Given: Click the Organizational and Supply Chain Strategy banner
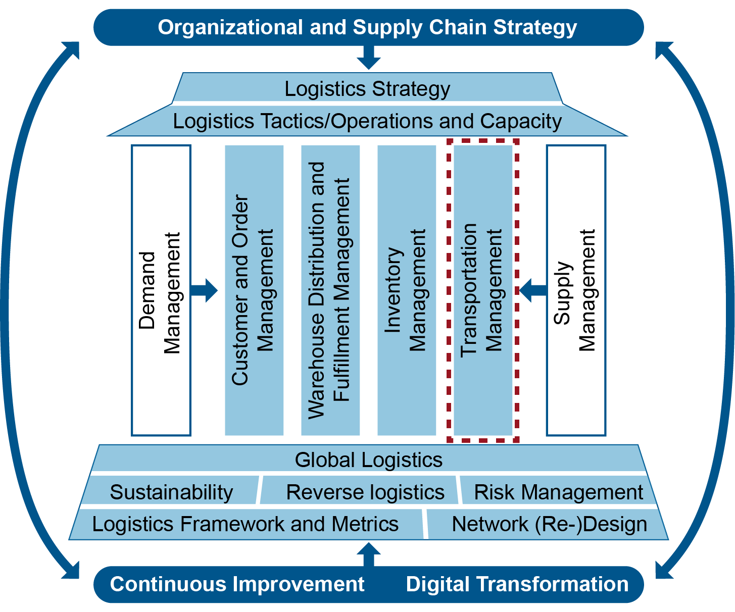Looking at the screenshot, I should point(368,27).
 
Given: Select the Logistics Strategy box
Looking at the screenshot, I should point(367,88).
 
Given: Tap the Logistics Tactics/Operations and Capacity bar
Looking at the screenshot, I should point(367,121).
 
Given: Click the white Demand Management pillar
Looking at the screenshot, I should point(161,290).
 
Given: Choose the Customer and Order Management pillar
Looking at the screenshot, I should point(254,290).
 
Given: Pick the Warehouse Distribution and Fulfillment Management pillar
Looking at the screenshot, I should point(330,290).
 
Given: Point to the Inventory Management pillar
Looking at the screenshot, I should point(407,290).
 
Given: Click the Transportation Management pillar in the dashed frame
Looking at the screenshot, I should point(483,290).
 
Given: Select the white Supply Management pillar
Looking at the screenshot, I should point(576,290).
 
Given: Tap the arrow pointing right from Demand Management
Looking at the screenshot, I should point(205,290).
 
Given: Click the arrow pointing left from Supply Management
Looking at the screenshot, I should point(532,290).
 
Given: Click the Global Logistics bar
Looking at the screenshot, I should point(368,460).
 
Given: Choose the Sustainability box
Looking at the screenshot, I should point(171,492).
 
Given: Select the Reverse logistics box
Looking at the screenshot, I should point(365,492).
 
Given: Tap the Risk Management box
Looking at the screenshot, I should point(558,492).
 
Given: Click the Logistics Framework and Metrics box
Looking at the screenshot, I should point(246,524).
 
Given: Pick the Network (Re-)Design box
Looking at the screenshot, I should point(549,524).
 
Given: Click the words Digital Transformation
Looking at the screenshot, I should point(517,584).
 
